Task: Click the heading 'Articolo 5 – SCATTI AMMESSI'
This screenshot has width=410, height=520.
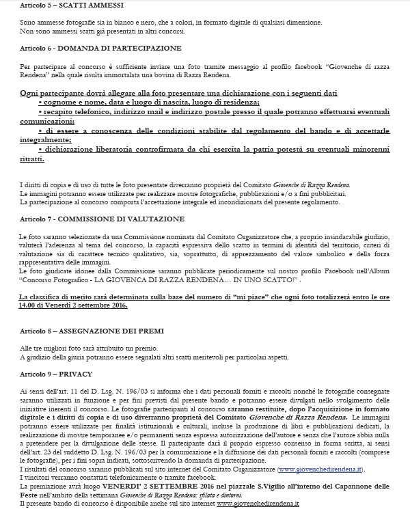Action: pyautogui.click(x=57, y=5)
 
